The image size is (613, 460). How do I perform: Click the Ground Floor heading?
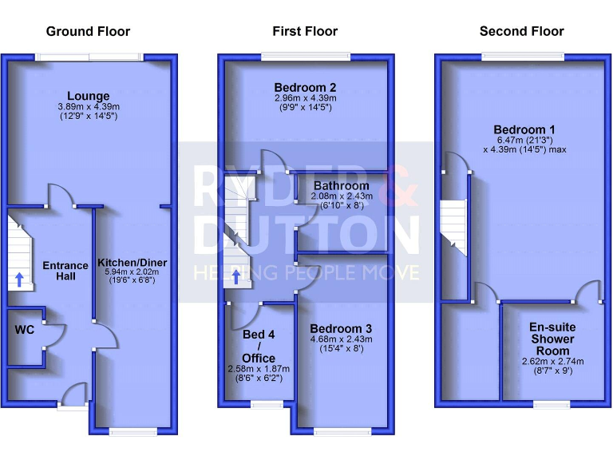[x=88, y=32]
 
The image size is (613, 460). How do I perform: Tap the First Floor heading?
[x=305, y=32]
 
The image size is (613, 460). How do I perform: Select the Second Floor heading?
[x=521, y=32]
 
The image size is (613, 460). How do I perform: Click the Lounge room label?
[x=89, y=97]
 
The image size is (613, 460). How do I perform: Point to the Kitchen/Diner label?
[x=132, y=262]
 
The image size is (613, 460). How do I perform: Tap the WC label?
[x=24, y=330]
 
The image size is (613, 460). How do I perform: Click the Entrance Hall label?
[x=65, y=271]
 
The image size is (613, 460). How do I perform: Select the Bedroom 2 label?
[x=305, y=87]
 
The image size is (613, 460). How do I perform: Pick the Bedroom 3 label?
[x=341, y=329]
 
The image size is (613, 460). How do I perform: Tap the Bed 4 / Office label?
[x=258, y=347]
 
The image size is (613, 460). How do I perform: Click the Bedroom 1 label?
[x=524, y=130]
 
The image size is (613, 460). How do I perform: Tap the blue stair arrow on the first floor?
[x=236, y=277]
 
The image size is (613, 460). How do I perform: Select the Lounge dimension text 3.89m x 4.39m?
[x=89, y=107]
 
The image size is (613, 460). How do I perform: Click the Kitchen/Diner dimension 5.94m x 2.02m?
[x=132, y=272]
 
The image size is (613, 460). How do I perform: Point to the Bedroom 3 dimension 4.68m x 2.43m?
[x=341, y=339]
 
